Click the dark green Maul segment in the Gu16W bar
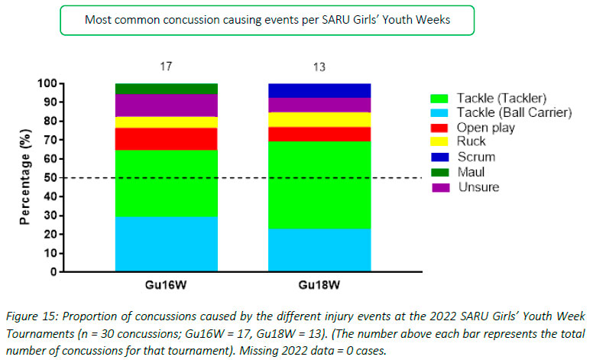pos(166,89)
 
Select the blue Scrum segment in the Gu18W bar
pos(320,90)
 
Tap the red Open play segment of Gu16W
pos(166,138)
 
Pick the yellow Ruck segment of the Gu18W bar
pos(320,118)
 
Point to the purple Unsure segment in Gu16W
pos(166,105)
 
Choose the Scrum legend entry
pos(475,157)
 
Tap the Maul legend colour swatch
pos(439,172)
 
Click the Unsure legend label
pos(478,187)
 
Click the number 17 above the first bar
pos(166,66)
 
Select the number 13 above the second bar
pos(320,66)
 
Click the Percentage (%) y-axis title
pos(25,177)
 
